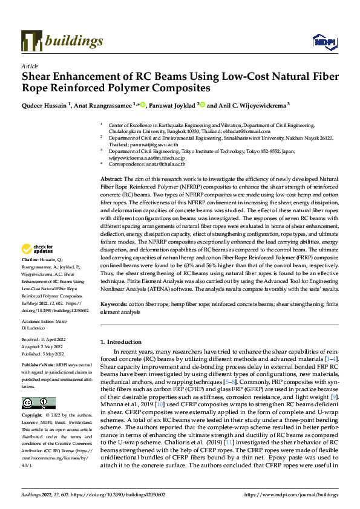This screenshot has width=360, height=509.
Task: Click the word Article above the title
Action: click(29, 66)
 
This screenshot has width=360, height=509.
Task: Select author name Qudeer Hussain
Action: click(44, 105)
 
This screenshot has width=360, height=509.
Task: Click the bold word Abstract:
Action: click(111, 180)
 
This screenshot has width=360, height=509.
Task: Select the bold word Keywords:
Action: click(114, 305)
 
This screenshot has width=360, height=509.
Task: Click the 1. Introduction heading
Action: click(125, 342)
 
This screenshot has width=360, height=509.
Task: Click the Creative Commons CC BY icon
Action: click(38, 403)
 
